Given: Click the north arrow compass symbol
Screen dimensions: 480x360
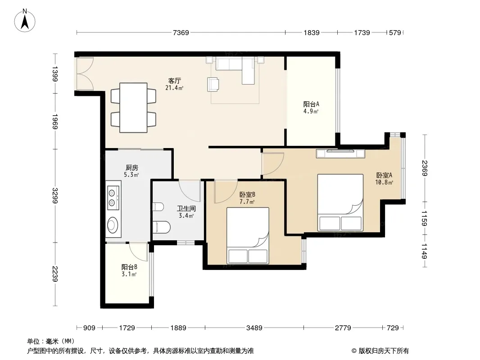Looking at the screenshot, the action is pyautogui.click(x=25, y=21).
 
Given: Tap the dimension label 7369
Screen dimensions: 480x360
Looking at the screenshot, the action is pyautogui.click(x=181, y=33).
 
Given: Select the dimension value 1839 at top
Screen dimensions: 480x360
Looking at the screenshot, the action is pyautogui.click(x=311, y=33).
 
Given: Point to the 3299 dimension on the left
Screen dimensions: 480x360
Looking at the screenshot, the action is pyautogui.click(x=55, y=195).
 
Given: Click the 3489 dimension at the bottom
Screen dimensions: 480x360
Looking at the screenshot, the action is pyautogui.click(x=254, y=328).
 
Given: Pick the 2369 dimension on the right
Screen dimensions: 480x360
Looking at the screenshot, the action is pyautogui.click(x=424, y=168).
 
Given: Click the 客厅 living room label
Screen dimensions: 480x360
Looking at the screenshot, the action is pyautogui.click(x=175, y=81).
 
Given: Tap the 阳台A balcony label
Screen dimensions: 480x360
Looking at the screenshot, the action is pyautogui.click(x=311, y=104).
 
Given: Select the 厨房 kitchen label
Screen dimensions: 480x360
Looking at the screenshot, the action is pyautogui.click(x=131, y=167).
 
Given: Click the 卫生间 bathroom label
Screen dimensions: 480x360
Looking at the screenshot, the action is pyautogui.click(x=186, y=209).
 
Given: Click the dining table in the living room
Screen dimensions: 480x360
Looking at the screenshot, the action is pyautogui.click(x=133, y=108).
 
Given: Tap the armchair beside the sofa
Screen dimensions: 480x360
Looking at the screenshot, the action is pyautogui.click(x=213, y=84).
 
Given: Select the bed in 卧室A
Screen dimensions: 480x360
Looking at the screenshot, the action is pyautogui.click(x=340, y=202).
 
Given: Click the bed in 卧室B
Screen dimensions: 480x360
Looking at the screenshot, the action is pyautogui.click(x=248, y=235).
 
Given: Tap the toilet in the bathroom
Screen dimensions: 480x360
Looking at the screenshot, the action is pyautogui.click(x=161, y=227).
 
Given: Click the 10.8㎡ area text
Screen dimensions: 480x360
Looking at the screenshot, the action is pyautogui.click(x=384, y=183).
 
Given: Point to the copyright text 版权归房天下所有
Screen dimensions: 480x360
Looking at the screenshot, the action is pyautogui.click(x=384, y=351).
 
